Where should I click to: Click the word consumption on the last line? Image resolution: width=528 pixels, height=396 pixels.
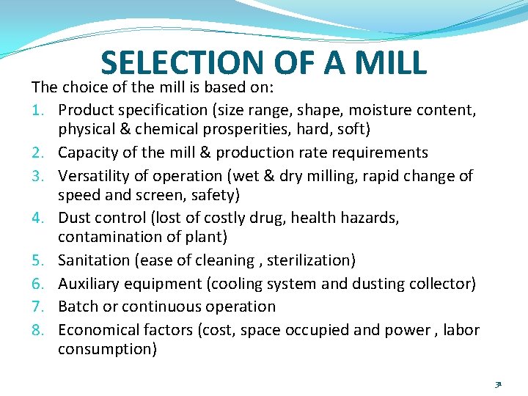(x=106, y=349)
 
